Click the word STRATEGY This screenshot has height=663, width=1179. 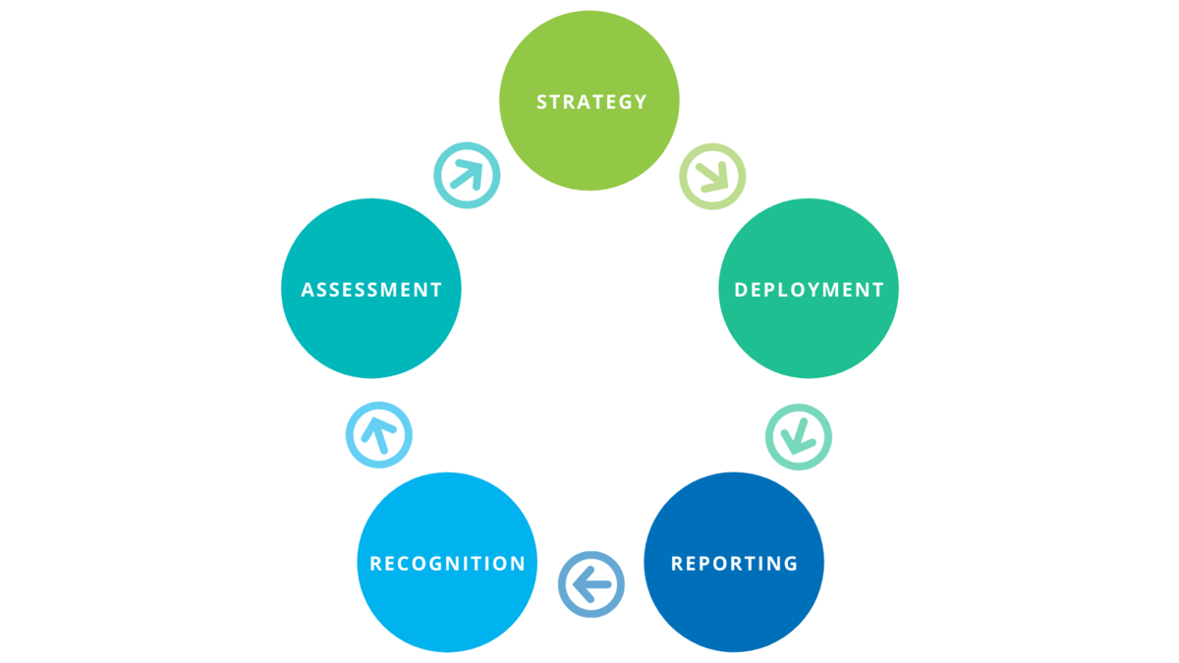(x=591, y=101)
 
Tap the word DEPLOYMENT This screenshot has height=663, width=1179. (x=809, y=290)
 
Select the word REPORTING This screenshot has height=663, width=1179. (x=734, y=564)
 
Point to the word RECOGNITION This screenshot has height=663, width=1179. (x=447, y=564)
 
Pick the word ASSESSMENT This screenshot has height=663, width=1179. (x=371, y=290)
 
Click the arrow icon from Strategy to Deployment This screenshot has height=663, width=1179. (x=713, y=176)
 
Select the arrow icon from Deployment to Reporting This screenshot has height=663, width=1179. (x=799, y=436)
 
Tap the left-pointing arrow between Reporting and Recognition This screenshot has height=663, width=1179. (x=591, y=584)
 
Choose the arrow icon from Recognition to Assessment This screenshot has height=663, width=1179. (x=378, y=434)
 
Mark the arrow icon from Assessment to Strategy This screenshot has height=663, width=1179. (x=467, y=175)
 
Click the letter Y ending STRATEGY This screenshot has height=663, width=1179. (x=641, y=101)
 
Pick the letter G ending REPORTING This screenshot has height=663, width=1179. (x=790, y=564)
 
